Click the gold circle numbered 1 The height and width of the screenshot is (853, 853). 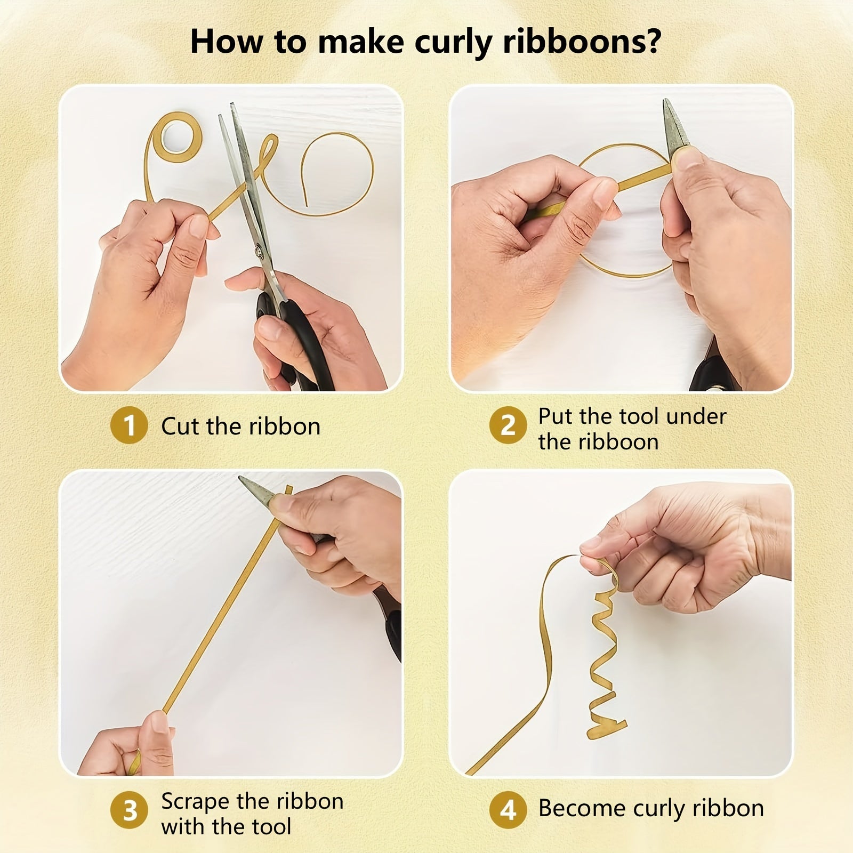[x=129, y=426]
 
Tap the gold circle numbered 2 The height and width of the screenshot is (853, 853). [x=508, y=426]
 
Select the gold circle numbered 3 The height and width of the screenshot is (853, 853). [x=129, y=810]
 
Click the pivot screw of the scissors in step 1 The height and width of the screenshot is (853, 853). [x=260, y=248]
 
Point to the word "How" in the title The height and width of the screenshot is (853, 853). [x=227, y=42]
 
